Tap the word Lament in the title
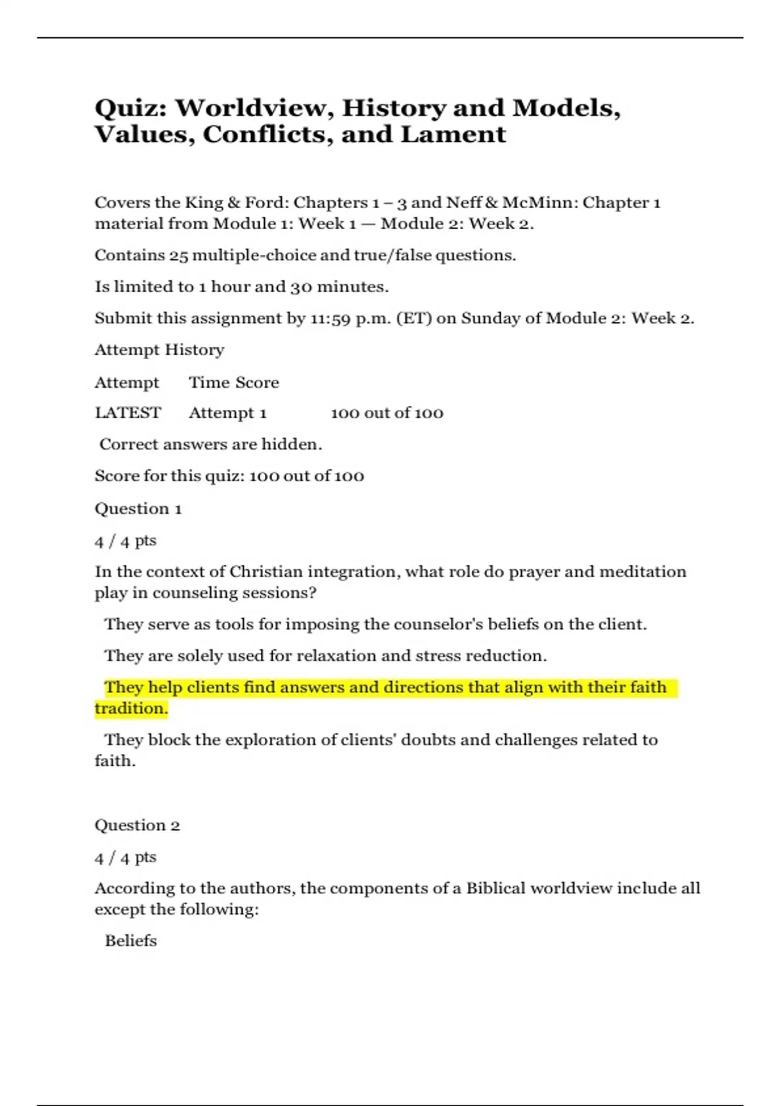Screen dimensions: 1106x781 pyautogui.click(x=453, y=135)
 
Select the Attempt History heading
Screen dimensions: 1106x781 pyautogui.click(x=159, y=350)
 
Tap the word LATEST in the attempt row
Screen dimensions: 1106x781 pyautogui.click(x=128, y=413)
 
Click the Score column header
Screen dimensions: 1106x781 pyautogui.click(x=256, y=383)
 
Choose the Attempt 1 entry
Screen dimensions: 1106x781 pyautogui.click(x=227, y=413)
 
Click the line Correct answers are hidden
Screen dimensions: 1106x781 pyautogui.click(x=210, y=444)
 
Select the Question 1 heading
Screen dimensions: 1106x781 pyautogui.click(x=138, y=509)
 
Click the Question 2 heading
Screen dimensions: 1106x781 pyautogui.click(x=137, y=826)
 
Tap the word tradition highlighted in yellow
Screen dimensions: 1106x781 pyautogui.click(x=131, y=708)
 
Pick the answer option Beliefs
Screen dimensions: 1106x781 pyautogui.click(x=131, y=941)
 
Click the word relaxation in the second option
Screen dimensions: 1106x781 pyautogui.click(x=336, y=656)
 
